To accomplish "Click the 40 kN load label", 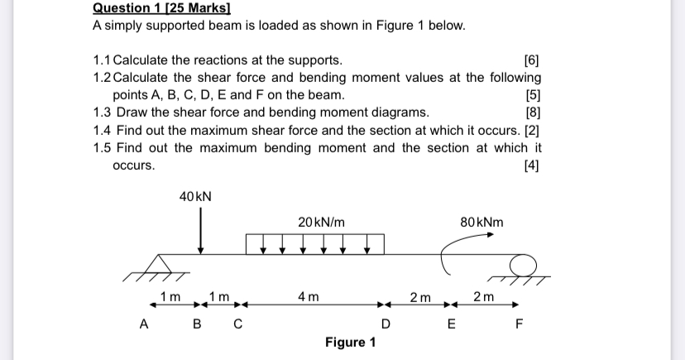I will coord(195,196).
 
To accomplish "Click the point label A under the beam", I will coord(143,325).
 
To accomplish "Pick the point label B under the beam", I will coord(197,325).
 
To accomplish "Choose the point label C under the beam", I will coord(237,325).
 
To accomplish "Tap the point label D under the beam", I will coord(385,325).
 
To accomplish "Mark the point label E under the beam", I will coord(451,325).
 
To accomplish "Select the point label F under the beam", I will coord(519,325).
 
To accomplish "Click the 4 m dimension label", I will coord(308,296).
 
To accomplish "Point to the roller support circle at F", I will coord(522,265).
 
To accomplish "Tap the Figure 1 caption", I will coord(350,343).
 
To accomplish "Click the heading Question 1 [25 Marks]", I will coord(150,8).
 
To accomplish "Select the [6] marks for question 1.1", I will coord(532,60).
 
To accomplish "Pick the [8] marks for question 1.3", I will coord(532,113).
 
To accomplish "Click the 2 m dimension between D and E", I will coord(420,296).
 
